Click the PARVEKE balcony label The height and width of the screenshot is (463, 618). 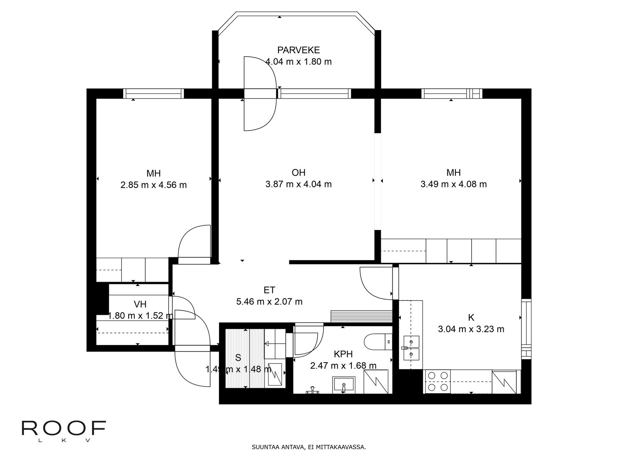coord(298,50)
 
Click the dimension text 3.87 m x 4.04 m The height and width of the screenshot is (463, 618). coord(298,184)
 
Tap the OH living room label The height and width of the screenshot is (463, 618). coord(298,172)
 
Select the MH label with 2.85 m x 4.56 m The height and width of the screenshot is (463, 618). coord(153,173)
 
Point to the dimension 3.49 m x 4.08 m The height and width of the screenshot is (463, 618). coord(453,184)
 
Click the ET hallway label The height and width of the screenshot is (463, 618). coord(269,290)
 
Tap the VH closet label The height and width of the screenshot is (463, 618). coord(140,304)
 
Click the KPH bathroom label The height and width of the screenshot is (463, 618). coord(343,354)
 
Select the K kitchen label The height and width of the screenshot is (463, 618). coord(471,318)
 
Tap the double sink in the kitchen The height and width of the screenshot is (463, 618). coord(411,348)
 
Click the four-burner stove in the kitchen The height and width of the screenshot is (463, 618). coord(438,381)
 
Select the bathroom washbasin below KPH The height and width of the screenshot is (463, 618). coord(343,385)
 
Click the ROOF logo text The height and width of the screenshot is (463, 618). coord(64,427)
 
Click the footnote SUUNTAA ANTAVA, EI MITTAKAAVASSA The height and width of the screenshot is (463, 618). coord(309,448)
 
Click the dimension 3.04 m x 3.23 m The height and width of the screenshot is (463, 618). coord(471,329)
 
